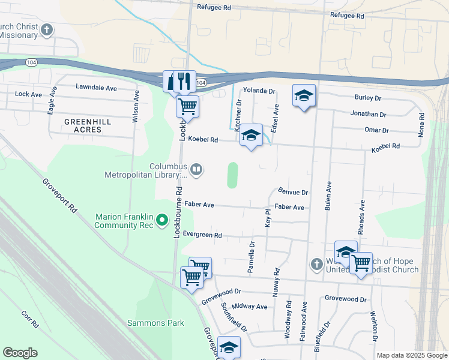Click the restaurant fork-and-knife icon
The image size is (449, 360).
184,80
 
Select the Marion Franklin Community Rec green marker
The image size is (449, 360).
161,221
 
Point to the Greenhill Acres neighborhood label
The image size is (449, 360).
88,125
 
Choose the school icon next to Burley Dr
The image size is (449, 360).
304,95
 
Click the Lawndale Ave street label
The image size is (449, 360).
96,87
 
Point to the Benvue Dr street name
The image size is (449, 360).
293,193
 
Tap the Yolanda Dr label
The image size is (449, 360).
259,91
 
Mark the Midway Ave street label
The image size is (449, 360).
249,307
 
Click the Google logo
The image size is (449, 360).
20,353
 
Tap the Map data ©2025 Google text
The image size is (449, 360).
411,355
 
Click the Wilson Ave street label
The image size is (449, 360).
136,107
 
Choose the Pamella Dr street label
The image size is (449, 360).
252,257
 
